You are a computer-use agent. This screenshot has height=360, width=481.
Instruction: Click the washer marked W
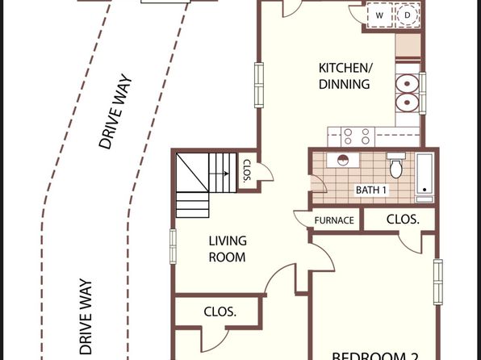379,15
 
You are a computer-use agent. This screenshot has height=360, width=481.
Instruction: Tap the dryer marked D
408,15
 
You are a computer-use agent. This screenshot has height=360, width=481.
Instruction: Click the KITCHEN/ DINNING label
345,76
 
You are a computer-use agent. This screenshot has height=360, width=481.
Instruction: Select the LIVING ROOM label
228,249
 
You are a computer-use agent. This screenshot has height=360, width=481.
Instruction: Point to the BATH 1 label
371,190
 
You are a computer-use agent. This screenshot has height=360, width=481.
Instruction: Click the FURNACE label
334,220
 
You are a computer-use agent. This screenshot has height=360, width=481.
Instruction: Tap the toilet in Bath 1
396,165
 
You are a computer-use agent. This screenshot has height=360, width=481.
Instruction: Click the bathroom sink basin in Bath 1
343,160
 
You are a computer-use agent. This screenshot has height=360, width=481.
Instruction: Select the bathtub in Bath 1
425,178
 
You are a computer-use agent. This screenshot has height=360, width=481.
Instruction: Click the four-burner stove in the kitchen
358,136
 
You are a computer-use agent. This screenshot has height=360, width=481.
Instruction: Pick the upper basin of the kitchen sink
407,83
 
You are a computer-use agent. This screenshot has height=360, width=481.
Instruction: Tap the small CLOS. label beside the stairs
247,170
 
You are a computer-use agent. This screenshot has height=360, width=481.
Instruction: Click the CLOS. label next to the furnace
403,219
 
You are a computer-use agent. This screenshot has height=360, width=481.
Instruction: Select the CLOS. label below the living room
220,312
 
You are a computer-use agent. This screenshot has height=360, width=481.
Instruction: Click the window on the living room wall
173,246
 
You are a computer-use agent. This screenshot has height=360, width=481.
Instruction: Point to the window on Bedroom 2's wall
437,282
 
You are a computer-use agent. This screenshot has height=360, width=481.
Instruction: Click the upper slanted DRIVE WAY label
115,111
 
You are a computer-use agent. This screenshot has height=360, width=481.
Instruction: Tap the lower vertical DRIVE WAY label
86,316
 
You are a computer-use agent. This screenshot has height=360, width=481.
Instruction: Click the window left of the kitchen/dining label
259,85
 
